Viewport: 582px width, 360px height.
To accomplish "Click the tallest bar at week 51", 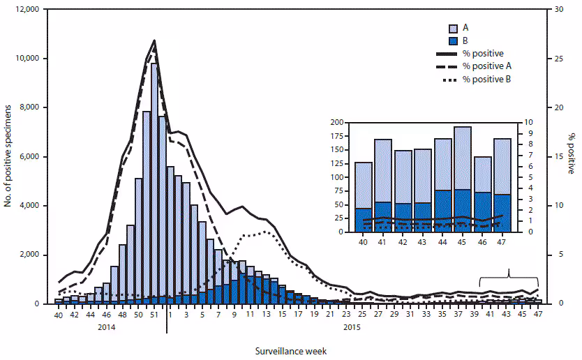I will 154,181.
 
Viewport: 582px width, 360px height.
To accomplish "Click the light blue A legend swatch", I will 452,29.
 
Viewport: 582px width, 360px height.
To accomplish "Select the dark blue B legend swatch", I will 452,41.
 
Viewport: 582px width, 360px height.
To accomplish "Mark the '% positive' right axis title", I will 571,157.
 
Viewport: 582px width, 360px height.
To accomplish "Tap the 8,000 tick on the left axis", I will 29,108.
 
